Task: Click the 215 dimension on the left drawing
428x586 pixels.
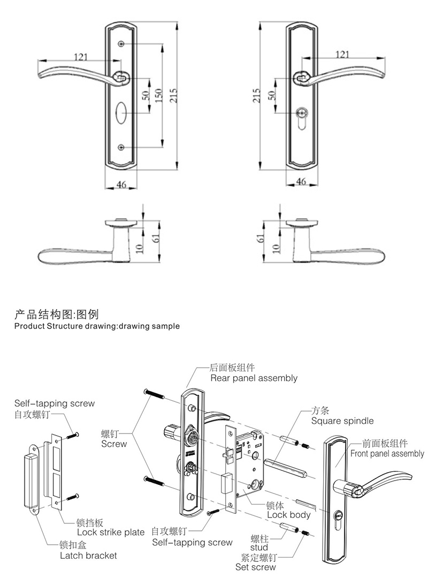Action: click(173, 95)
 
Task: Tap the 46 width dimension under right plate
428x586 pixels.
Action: click(301, 182)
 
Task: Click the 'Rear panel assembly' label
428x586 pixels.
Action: click(254, 378)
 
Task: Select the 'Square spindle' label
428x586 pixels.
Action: click(342, 421)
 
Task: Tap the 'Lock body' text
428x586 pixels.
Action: click(289, 515)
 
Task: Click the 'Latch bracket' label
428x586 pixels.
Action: click(88, 555)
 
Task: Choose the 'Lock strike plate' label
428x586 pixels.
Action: click(111, 532)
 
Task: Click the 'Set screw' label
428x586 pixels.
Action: click(256, 567)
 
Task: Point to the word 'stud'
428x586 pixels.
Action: click(259, 547)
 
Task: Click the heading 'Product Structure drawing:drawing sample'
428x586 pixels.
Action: click(97, 325)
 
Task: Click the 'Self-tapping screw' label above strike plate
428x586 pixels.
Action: click(54, 404)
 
